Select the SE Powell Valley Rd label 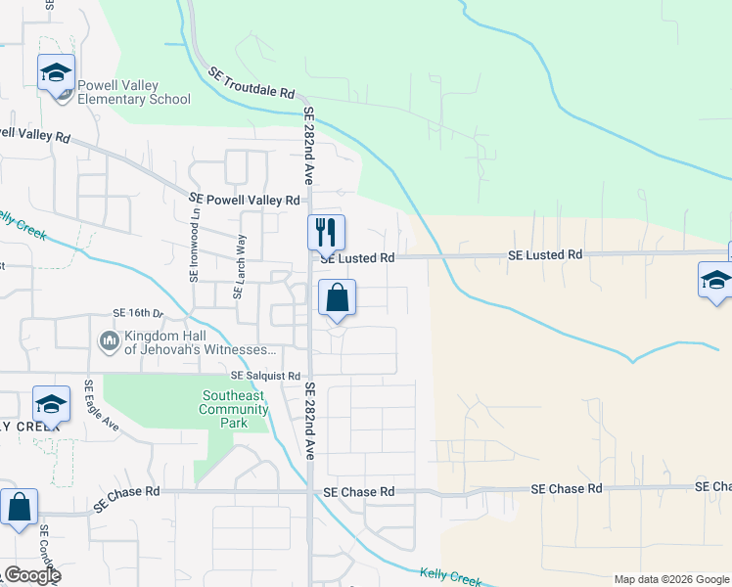[x=244, y=200]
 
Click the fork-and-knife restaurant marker [x=327, y=234]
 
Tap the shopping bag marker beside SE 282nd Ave [x=337, y=298]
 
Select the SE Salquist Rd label [x=265, y=376]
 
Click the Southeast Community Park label [x=234, y=410]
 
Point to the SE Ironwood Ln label [x=195, y=251]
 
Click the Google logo [x=31, y=575]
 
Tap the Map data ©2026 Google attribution [x=671, y=579]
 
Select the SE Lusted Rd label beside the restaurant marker [x=357, y=258]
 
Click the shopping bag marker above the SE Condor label [x=19, y=509]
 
